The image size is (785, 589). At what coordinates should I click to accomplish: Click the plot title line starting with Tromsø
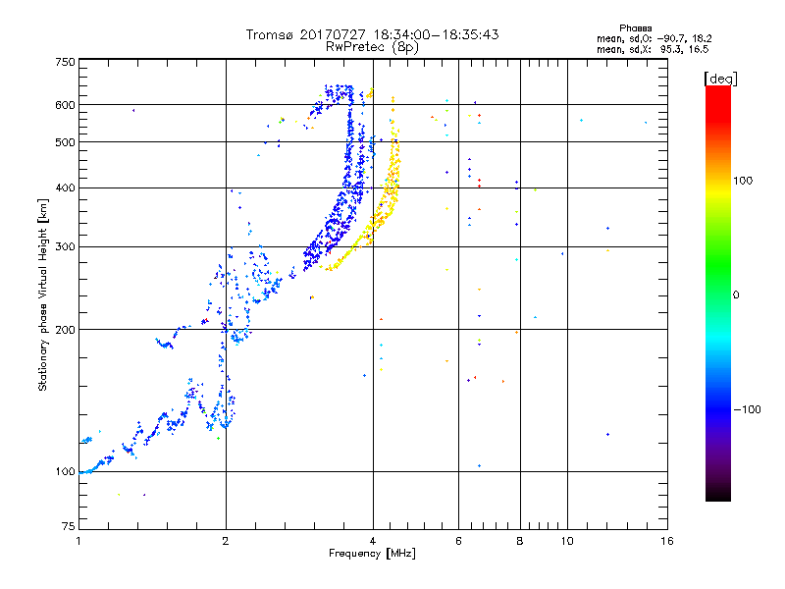[372, 34]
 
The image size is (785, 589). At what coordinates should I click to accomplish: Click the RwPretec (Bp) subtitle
[372, 46]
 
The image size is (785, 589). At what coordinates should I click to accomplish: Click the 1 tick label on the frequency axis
[78, 541]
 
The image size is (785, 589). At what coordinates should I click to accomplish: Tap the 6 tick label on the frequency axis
[458, 541]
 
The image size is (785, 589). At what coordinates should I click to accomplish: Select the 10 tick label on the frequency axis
[566, 541]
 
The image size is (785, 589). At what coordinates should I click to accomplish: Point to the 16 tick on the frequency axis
[666, 541]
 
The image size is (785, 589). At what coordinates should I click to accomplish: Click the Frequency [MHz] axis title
[372, 555]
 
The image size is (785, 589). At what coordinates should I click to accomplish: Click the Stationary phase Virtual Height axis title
[43, 296]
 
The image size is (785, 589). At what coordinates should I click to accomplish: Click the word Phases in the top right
[639, 27]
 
